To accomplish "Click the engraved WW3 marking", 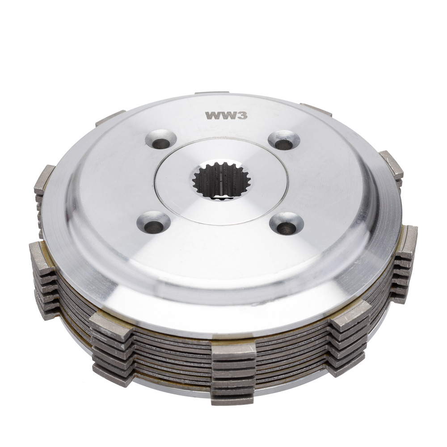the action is (x=226, y=115).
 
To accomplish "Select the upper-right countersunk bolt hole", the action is (x=284, y=140).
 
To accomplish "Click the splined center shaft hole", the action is (x=221, y=180).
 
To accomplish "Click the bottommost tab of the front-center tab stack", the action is (x=232, y=400).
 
